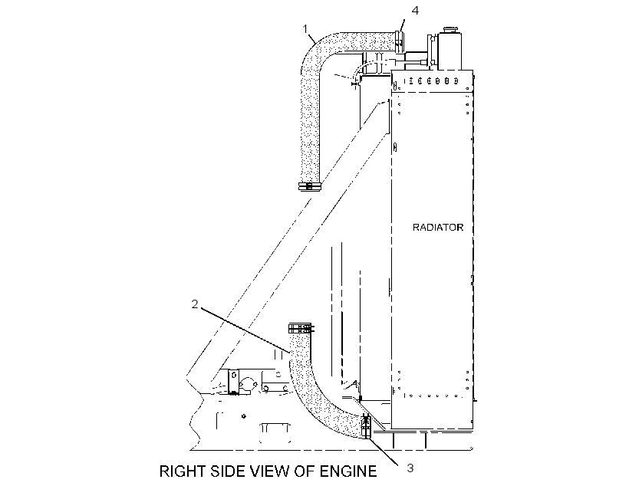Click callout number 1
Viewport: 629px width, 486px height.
(305, 29)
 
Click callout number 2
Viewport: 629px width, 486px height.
(195, 304)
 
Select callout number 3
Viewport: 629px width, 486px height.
(410, 468)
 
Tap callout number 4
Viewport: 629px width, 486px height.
(415, 11)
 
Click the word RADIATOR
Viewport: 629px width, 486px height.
(438, 228)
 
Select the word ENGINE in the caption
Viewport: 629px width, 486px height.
(348, 471)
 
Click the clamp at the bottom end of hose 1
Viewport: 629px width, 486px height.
(310, 186)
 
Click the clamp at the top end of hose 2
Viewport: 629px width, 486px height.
(301, 329)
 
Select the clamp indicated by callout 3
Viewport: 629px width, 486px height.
(366, 428)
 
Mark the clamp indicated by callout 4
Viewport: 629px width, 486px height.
(400, 42)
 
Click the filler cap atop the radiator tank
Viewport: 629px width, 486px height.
(450, 30)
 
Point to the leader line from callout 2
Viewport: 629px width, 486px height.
(245, 330)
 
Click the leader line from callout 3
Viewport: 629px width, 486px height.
(383, 452)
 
